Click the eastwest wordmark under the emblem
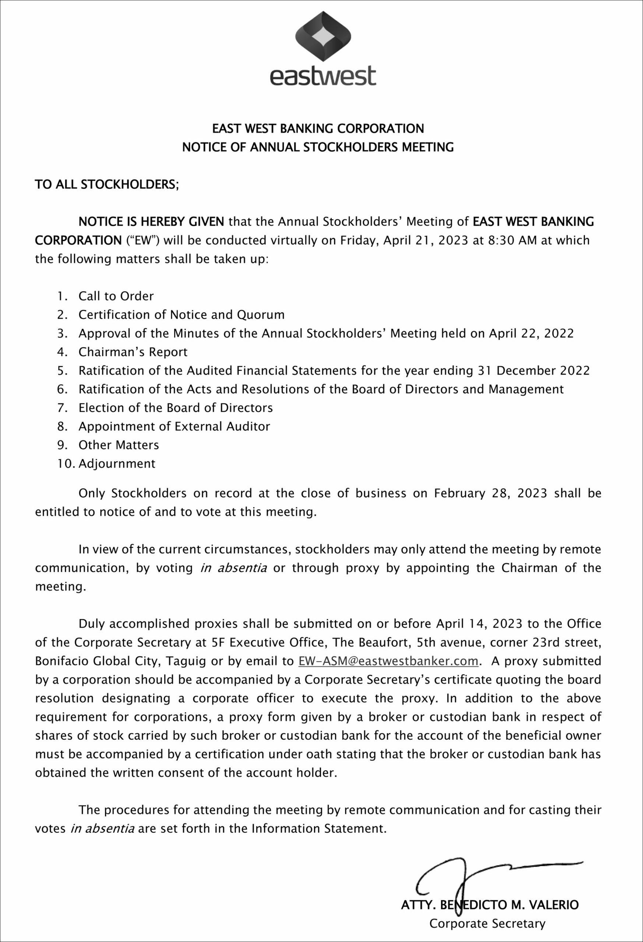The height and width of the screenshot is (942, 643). tap(323, 76)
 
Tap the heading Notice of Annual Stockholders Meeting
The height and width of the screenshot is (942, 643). tap(318, 147)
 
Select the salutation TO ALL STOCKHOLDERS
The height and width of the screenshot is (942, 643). tap(107, 184)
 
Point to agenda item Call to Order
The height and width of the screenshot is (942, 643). tap(116, 296)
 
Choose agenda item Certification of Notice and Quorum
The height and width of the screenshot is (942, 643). tap(181, 315)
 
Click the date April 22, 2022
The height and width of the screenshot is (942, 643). tap(531, 334)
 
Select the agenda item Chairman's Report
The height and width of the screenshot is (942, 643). tap(133, 352)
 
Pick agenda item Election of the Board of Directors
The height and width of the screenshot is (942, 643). tap(176, 408)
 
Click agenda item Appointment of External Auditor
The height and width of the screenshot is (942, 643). tap(174, 426)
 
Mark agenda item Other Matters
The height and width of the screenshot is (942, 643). tap(119, 445)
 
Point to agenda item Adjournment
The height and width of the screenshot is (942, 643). tap(117, 464)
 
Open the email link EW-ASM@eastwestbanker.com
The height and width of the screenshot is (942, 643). tap(388, 661)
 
